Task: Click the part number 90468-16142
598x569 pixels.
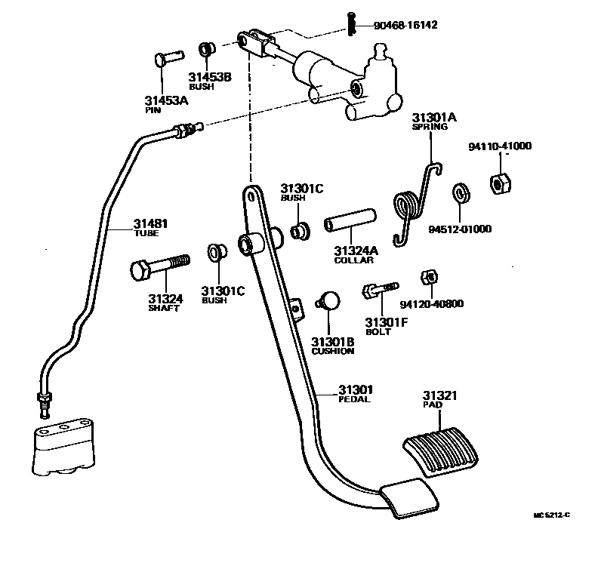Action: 405,25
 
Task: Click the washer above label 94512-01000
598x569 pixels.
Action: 460,194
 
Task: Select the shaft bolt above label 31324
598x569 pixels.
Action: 158,267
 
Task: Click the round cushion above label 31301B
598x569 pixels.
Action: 328,299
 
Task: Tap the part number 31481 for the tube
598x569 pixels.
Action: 151,223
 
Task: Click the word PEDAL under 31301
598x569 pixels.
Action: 355,399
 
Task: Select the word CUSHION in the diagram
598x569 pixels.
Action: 332,351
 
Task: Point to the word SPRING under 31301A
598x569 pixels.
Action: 430,128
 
